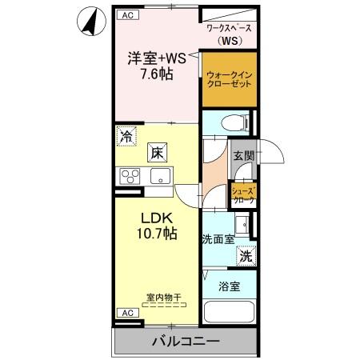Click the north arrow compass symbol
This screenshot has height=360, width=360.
pyautogui.click(x=90, y=21)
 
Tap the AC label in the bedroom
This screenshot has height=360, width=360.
pyautogui.click(x=126, y=15)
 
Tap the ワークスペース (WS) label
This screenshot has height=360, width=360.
pyautogui.click(x=230, y=33)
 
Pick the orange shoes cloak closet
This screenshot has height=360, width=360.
pyautogui.click(x=243, y=194)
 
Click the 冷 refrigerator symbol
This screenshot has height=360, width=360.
pyautogui.click(x=126, y=136)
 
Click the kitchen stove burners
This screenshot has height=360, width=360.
pyautogui.click(x=130, y=176)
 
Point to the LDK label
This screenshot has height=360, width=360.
pyautogui.click(x=158, y=219)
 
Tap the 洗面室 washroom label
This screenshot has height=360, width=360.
pyautogui.click(x=217, y=238)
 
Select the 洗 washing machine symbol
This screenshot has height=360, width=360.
pyautogui.click(x=246, y=257)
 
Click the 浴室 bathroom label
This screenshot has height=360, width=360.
pyautogui.click(x=229, y=286)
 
